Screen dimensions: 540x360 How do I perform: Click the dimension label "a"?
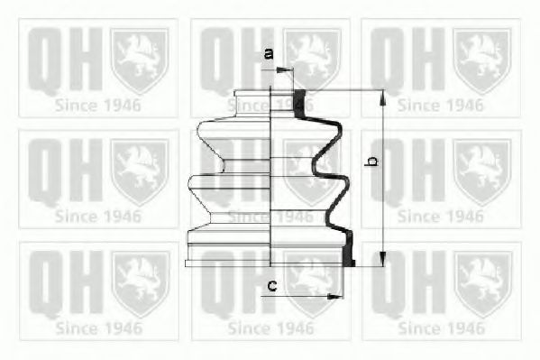coord(269,53)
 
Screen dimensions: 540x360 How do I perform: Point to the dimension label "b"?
coord(371,161)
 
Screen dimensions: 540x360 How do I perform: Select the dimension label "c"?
coord(272,285)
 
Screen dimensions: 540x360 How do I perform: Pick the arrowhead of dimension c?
coord(334,296)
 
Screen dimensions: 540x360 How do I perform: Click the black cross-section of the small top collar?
coord(299,104)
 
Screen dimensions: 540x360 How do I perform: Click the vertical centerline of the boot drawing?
coord(270,176)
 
